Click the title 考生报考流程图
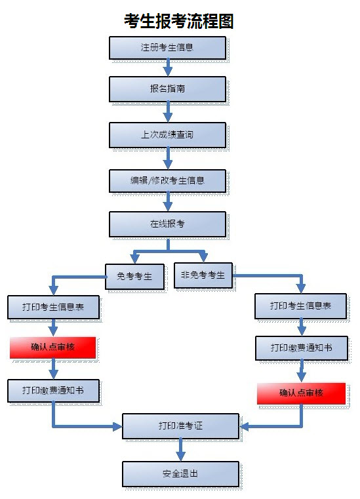pos(179,21)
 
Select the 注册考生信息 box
pos(167,48)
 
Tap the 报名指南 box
pos(167,89)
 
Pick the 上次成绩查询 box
pos(167,135)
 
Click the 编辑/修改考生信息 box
pos(167,181)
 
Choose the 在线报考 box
pos(167,224)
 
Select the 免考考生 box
pos(134,276)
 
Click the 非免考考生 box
pos(203,275)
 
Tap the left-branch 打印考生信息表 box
pos(53,307)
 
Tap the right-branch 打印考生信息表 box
pos(300,306)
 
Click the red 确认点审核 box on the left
pos(53,347)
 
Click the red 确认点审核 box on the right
pos(301,393)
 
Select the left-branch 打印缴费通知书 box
pos(53,391)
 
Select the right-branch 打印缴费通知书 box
pos(302,348)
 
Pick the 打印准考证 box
pos(180,426)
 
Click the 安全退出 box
pos(180,474)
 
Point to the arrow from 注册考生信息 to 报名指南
pos(168,68)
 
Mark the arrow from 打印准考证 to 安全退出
pos(181,450)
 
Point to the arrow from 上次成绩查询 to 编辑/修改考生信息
pos(168,158)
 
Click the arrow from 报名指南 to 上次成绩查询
pos(168,112)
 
